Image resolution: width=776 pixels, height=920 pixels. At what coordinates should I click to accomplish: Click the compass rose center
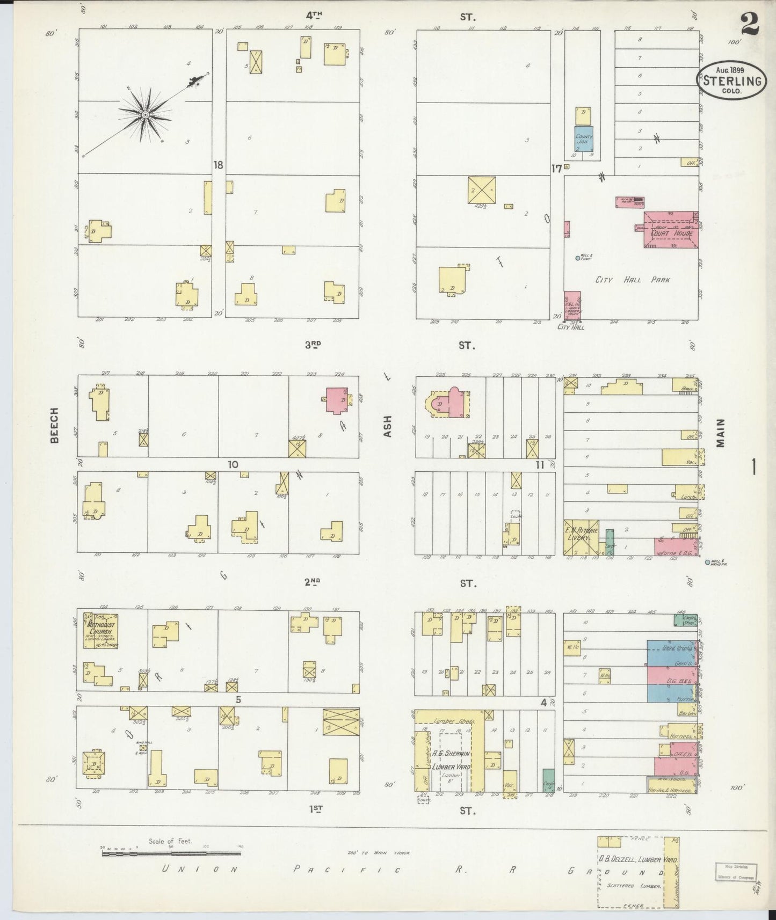144,115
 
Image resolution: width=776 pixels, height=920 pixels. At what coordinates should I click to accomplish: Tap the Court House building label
671,233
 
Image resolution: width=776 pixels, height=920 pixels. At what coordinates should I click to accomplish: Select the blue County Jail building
584,138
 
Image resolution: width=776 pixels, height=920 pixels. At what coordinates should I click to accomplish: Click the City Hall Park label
633,280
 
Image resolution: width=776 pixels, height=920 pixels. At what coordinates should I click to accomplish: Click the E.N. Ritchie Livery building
581,537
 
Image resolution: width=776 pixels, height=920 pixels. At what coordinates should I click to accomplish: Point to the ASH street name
388,426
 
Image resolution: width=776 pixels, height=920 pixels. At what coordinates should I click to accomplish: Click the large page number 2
749,24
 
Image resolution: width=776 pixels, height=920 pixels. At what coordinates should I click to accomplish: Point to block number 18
218,165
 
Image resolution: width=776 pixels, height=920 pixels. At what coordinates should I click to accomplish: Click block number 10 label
233,464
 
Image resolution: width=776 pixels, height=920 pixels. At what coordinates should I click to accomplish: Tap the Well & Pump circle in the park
578,258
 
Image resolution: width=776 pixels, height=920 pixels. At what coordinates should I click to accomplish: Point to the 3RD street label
313,346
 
